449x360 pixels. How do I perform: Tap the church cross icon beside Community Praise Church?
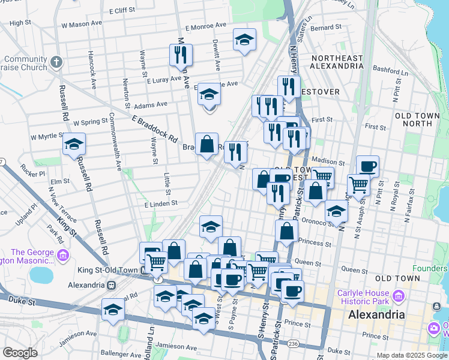[x=56, y=62]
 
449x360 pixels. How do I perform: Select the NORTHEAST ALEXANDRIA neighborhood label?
[x=337, y=62]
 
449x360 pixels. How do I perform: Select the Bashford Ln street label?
[x=406, y=69]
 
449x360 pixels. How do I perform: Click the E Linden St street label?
[x=161, y=204]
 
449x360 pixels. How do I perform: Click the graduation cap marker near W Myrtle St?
[x=74, y=145]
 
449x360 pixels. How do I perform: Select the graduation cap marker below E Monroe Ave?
[x=244, y=40]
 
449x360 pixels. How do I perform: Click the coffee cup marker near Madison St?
[x=367, y=167]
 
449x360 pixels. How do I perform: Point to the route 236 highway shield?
[x=292, y=343]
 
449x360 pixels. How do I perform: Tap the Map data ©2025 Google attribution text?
[x=411, y=355]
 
